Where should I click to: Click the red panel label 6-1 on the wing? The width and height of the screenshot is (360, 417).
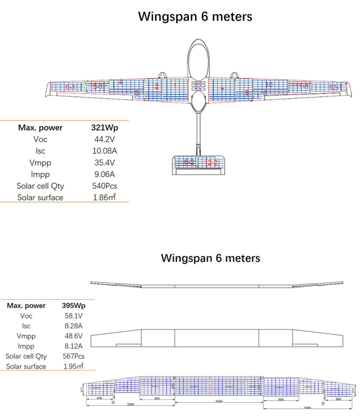pyautogui.click(x=70, y=88)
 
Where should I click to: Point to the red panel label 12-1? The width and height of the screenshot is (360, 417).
pyautogui.click(x=334, y=88)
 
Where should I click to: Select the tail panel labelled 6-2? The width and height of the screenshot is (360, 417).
pyautogui.click(x=189, y=163)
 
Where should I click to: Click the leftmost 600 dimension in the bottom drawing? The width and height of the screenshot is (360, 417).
pyautogui.click(x=98, y=398)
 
